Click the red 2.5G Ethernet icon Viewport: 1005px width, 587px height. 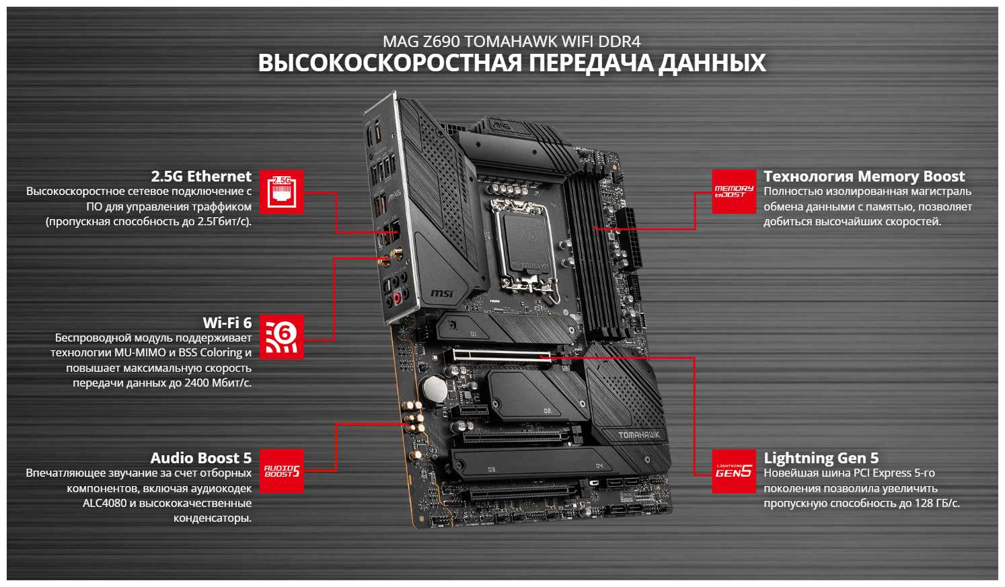point(281,192)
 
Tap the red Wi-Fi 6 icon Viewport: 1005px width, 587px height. point(281,336)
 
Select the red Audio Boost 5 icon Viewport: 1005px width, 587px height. point(281,471)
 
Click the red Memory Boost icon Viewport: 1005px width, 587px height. point(733,192)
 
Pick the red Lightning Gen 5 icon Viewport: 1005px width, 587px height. point(733,471)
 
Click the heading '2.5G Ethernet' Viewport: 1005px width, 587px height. point(201,176)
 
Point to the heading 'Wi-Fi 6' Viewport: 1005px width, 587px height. point(227,323)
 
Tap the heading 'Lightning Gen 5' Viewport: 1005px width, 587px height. point(821,458)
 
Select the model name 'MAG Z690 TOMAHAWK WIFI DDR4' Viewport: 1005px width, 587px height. point(511,42)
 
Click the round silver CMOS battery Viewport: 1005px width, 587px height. point(433,389)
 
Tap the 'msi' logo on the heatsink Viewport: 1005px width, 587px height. point(441,293)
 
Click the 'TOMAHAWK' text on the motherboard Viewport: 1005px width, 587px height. point(639,435)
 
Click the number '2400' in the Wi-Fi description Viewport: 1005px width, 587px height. point(197,383)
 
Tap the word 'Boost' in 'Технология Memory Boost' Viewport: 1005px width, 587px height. point(944,177)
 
